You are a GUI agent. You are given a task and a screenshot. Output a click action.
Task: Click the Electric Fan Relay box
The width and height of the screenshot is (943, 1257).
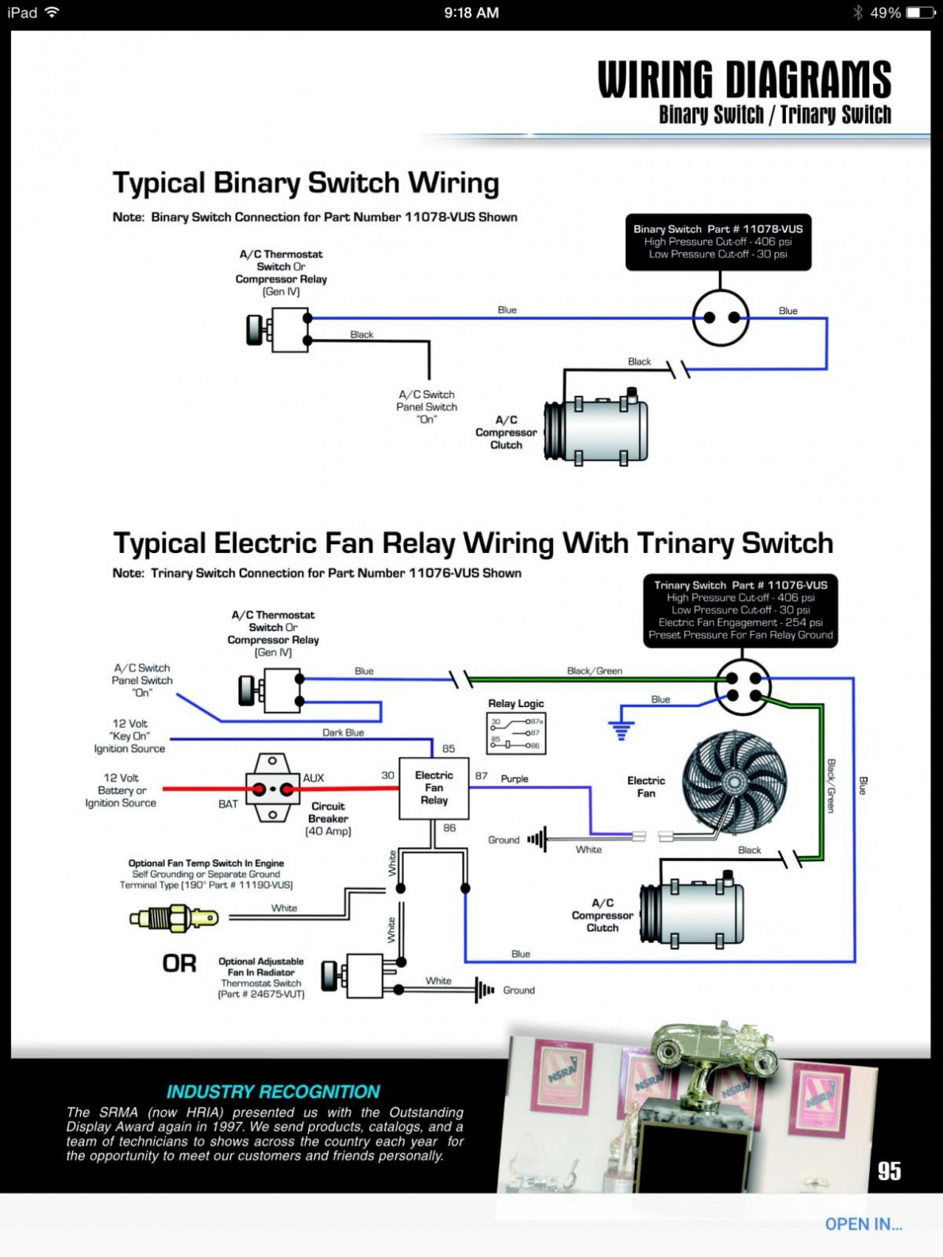[x=433, y=788]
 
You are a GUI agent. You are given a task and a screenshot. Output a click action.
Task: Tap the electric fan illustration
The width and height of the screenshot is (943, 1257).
[x=734, y=782]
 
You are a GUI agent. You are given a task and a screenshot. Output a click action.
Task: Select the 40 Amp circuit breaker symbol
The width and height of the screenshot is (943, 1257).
[x=272, y=789]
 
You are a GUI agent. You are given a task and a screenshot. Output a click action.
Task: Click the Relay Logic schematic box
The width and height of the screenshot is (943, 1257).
[x=516, y=732]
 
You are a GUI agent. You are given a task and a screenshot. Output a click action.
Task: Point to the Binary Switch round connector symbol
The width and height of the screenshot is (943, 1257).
[x=721, y=317]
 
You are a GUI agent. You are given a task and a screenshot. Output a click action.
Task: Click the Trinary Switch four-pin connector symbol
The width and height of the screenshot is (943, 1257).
[x=743, y=687]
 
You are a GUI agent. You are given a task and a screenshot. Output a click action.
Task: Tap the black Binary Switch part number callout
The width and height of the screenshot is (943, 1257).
[x=718, y=241]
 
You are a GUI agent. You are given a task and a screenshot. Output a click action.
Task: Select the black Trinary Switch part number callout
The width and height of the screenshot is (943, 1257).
[x=740, y=609]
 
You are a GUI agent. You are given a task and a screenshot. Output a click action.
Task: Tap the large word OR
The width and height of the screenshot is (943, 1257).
[x=179, y=963]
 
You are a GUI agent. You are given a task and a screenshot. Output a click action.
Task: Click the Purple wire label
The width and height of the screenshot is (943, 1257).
[x=514, y=778]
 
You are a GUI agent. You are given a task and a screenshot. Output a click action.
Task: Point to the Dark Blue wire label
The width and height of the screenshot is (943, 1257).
[x=343, y=732]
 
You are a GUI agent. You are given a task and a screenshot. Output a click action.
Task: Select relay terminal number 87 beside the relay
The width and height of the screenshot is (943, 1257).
[x=481, y=775]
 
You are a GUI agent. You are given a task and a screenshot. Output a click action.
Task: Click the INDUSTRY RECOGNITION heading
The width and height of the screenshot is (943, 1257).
[x=273, y=1092]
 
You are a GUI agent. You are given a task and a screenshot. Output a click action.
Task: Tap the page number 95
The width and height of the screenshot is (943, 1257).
[x=889, y=1171]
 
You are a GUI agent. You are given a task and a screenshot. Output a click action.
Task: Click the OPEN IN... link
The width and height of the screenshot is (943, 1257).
[x=863, y=1224]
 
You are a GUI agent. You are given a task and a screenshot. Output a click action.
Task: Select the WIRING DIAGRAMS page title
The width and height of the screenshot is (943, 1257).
[x=744, y=80]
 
